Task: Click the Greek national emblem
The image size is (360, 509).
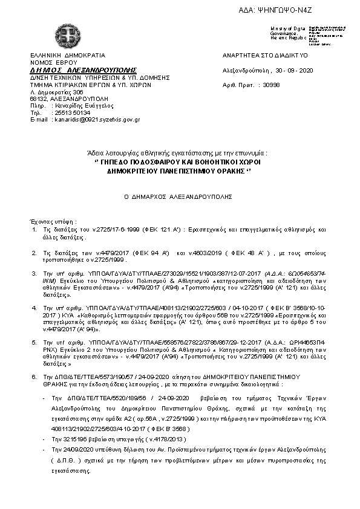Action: pos(65,34)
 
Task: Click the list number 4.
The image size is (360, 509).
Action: pos(34,308)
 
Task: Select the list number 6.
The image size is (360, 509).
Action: pos(34,376)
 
